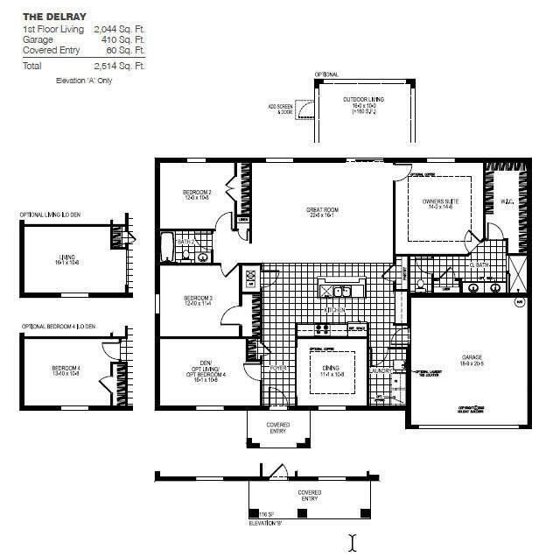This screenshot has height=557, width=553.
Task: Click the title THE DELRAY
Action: (x=54, y=16)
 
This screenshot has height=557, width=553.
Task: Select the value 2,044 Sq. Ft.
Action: (x=120, y=29)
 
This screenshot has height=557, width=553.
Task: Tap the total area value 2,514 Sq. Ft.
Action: (x=120, y=65)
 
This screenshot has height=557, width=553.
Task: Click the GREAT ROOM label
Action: (x=322, y=210)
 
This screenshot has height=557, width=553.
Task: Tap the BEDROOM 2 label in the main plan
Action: (x=197, y=192)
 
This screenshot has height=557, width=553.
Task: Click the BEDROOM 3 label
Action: (x=199, y=299)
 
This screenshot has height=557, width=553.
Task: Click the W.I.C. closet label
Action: (x=507, y=202)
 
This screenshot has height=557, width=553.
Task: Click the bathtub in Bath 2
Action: (x=166, y=247)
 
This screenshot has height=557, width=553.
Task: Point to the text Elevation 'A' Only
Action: (x=85, y=80)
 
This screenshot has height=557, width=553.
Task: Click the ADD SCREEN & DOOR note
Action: (x=281, y=109)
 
